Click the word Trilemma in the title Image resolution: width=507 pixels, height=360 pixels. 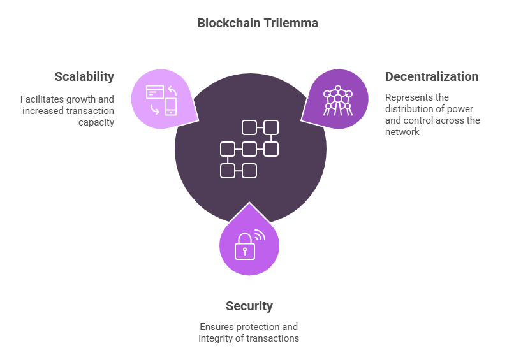(x=290, y=24)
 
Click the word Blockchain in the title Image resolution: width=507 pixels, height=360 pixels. (x=228, y=24)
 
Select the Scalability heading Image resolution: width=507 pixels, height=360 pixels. (x=84, y=77)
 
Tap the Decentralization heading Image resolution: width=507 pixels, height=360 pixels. (x=432, y=76)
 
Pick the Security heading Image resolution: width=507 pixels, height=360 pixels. (x=249, y=306)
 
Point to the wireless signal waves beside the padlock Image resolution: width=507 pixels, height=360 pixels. (x=260, y=235)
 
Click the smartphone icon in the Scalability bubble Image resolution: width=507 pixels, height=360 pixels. (x=171, y=106)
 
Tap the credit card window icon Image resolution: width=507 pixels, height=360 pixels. (x=155, y=92)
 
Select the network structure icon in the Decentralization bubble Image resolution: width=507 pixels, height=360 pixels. (x=338, y=101)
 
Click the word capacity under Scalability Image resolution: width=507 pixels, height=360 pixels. (x=96, y=122)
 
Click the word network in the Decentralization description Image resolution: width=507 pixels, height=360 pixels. (x=402, y=132)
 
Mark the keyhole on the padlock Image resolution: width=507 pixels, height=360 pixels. (x=245, y=251)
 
